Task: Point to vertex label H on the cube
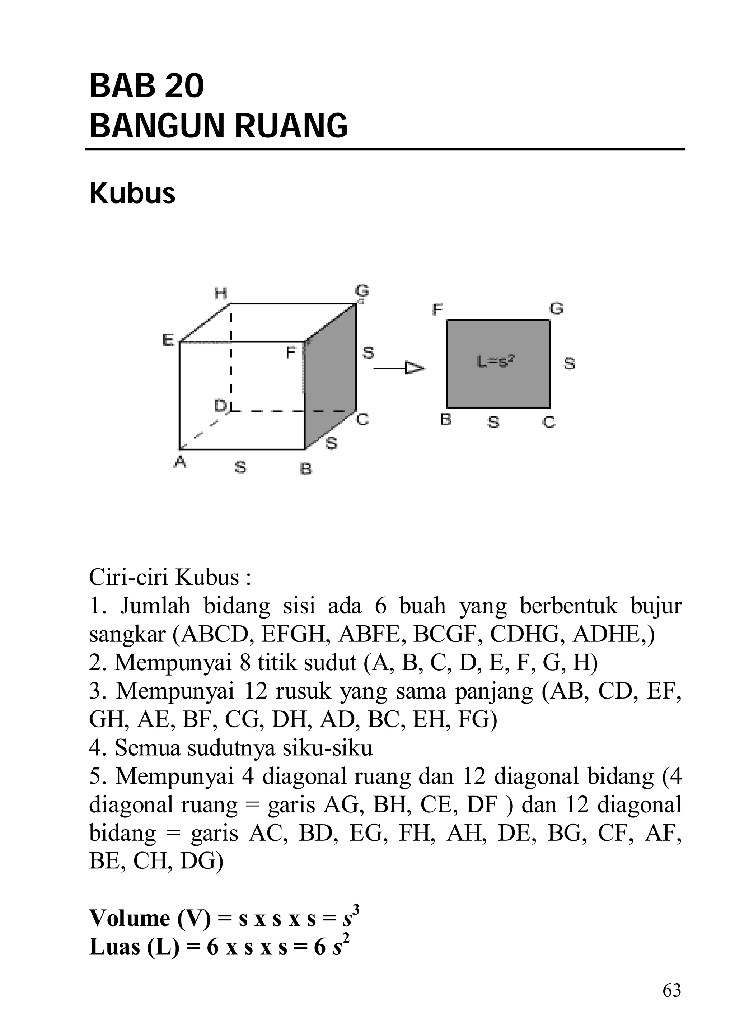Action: (220, 294)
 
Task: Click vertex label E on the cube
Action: (168, 340)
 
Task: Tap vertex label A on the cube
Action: (180, 462)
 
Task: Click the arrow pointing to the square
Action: (398, 368)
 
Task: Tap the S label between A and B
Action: (241, 467)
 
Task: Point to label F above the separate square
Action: (437, 310)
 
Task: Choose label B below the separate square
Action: (446, 420)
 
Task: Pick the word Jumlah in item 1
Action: (155, 606)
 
